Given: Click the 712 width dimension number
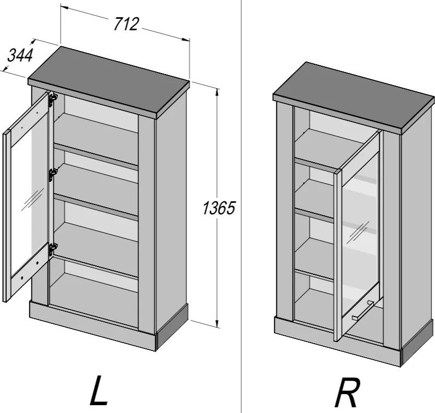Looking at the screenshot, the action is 126,24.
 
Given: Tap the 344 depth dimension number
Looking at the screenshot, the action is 20,55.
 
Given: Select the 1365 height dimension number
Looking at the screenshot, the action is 219,208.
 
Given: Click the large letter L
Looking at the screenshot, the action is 98,390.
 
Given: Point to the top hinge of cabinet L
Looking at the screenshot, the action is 53,99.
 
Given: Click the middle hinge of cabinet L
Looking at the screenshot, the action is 52,175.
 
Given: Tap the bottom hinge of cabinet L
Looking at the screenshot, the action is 53,248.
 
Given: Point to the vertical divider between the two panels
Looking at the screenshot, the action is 241,207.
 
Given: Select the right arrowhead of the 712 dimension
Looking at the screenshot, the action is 186,39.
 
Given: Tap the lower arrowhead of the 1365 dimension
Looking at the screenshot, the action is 217,323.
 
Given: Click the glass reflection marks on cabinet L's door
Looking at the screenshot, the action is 33,200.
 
